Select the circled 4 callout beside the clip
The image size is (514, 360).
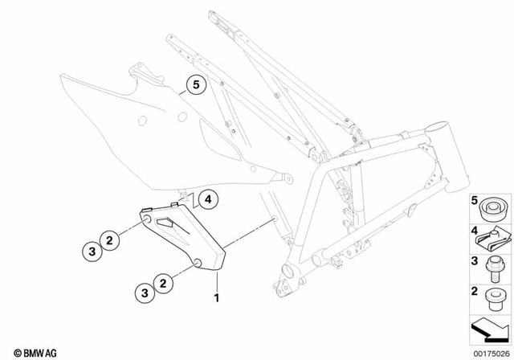pos(206,198)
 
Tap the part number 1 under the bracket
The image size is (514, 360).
pos(215,298)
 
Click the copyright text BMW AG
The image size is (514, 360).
pos(31,351)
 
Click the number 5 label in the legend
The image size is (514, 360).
pos(474,200)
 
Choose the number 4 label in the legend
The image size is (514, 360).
pos(474,230)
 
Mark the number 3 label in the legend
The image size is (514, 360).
pos(474,260)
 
